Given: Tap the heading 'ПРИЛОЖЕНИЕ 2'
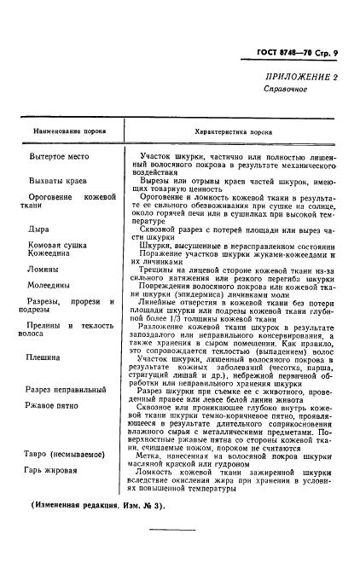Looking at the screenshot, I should [x=301, y=78].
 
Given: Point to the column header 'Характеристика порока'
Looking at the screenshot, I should [x=237, y=132].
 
